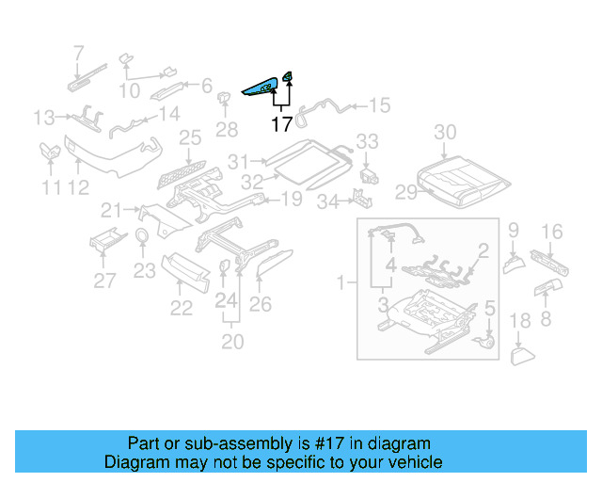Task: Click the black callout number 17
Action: pos(281,123)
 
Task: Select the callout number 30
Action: pos(445,132)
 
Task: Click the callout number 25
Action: pos(190,138)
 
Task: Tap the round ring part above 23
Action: pos(142,235)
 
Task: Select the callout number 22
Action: pos(181,308)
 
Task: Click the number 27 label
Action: pos(105,280)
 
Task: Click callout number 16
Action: pos(552,231)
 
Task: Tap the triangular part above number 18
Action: pos(521,355)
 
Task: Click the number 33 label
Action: pos(366,141)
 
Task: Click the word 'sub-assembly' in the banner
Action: pos(234,443)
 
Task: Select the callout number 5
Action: pos(489,308)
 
